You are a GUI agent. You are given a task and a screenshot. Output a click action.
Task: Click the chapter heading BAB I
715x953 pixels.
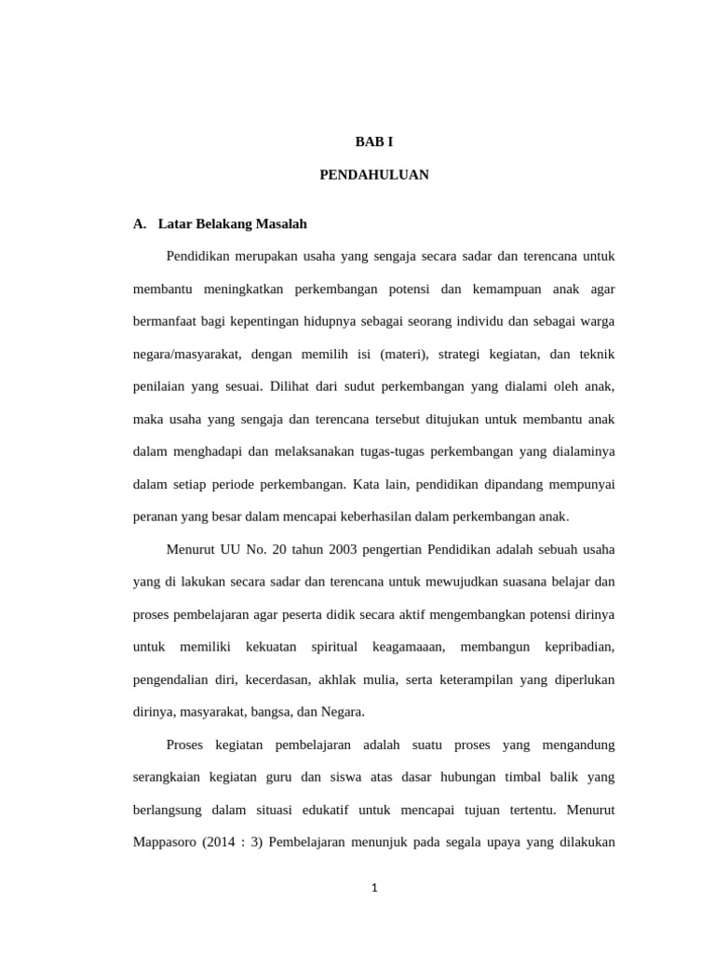[x=374, y=141]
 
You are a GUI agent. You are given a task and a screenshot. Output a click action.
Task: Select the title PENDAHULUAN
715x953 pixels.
[x=374, y=175]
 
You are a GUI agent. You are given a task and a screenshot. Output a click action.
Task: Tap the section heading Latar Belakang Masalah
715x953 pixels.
[x=233, y=224]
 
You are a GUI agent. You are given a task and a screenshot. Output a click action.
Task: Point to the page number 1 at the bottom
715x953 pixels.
[x=374, y=888]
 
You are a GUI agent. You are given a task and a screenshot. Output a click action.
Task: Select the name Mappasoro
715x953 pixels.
[x=168, y=842]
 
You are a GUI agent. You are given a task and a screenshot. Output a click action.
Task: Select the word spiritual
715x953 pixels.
[x=334, y=647]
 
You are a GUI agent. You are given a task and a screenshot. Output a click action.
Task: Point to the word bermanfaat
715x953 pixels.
[x=169, y=322]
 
